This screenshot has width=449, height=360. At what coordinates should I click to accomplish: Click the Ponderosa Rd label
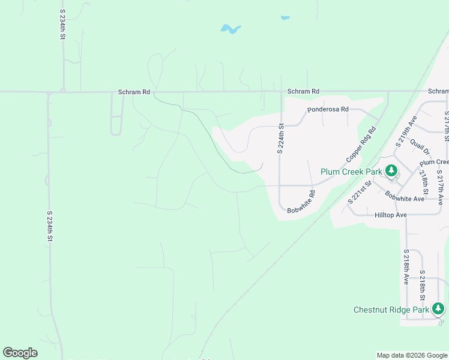point(328,110)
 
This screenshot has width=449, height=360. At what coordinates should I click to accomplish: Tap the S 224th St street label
point(280,139)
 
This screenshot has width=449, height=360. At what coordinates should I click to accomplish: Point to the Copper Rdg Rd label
point(361,145)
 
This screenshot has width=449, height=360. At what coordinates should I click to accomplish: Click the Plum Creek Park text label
point(351,172)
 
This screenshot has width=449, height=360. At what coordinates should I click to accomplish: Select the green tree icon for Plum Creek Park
point(391,171)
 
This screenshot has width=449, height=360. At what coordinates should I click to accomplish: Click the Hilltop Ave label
point(391,215)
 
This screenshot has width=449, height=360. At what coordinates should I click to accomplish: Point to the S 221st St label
point(360,193)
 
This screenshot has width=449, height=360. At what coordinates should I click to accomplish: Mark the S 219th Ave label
point(406,133)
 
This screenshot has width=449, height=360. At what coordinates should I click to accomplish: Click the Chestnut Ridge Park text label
point(391,310)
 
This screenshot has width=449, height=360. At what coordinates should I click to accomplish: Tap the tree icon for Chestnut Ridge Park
point(439,309)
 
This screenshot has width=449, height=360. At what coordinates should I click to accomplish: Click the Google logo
point(20,353)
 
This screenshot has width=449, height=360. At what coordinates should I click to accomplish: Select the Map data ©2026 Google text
point(411,355)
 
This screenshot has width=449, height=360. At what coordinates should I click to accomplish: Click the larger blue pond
point(231,28)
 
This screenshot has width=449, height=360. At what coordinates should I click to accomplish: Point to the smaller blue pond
point(285,18)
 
